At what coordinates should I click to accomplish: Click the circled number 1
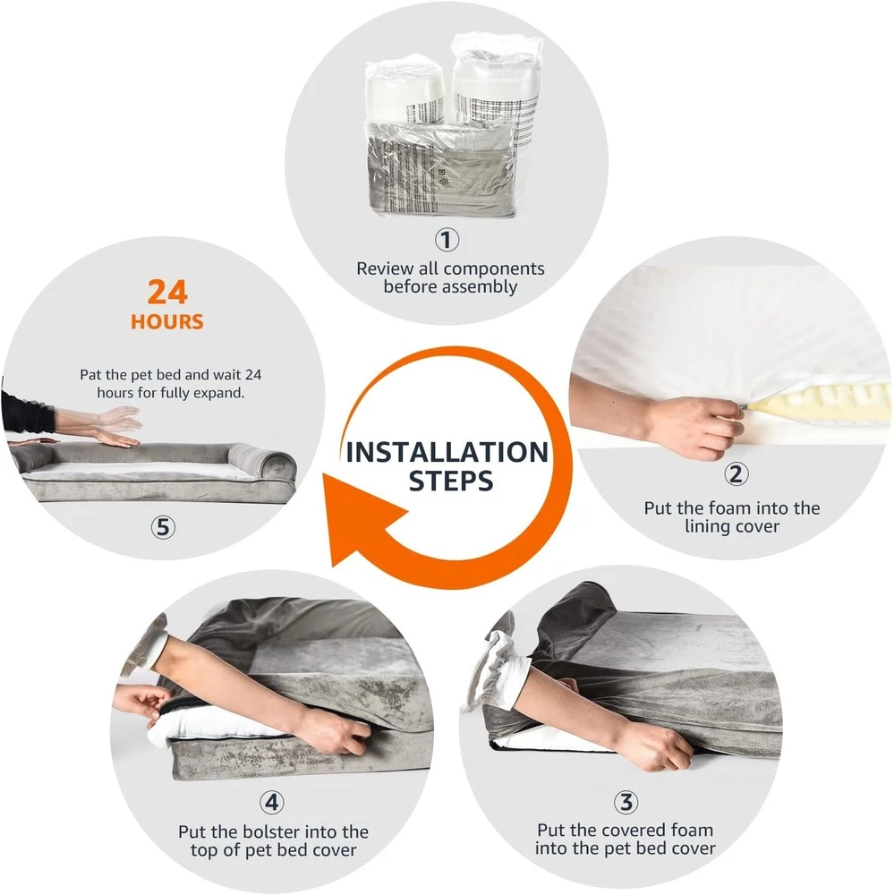tap(447, 240)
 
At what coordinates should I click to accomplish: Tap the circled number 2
tap(736, 473)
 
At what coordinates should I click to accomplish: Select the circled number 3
tap(626, 802)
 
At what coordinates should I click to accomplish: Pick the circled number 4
tap(272, 802)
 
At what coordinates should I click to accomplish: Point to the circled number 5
tap(163, 527)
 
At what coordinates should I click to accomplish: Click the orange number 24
tap(167, 293)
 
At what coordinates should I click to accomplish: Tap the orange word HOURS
tap(167, 322)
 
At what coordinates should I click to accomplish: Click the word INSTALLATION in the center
tap(447, 453)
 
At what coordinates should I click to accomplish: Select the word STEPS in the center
tap(451, 481)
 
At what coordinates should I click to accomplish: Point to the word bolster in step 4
tap(273, 831)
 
